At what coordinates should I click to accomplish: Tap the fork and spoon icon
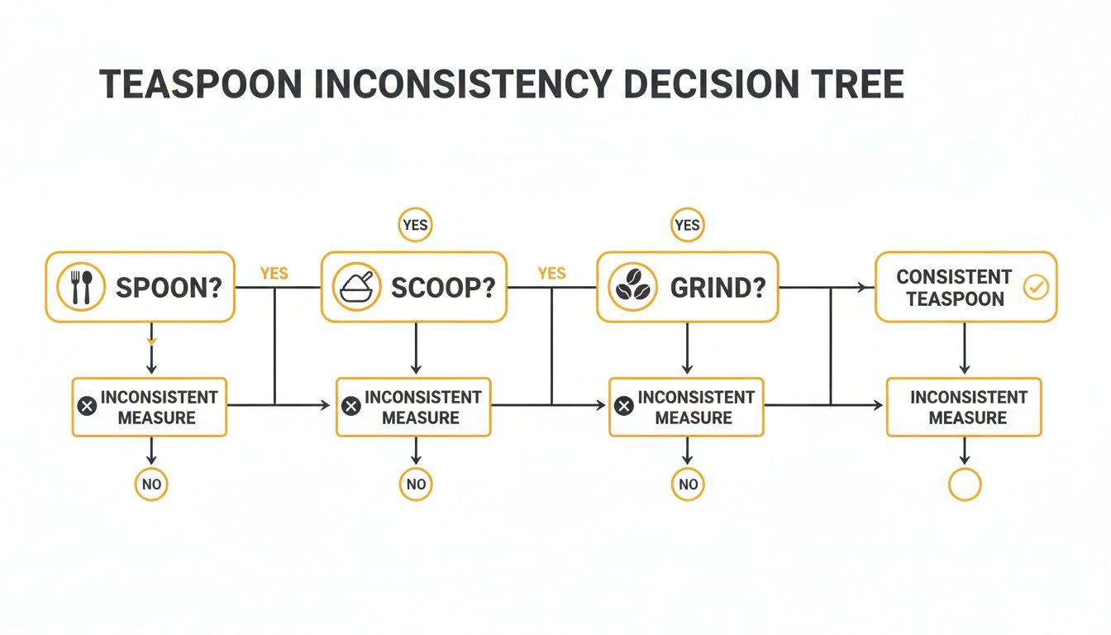click(80, 288)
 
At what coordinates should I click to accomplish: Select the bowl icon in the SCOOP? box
click(356, 288)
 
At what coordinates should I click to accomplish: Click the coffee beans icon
click(632, 288)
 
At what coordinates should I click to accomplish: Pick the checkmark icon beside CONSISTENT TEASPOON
click(1035, 287)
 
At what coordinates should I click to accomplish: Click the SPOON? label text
click(169, 288)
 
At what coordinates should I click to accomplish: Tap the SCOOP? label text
click(442, 288)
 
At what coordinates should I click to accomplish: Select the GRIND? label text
click(718, 288)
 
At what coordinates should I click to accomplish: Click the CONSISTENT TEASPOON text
click(953, 287)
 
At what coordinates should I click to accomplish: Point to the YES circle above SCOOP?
click(415, 225)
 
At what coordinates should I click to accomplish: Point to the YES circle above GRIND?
click(687, 225)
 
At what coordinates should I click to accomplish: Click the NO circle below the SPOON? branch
click(151, 485)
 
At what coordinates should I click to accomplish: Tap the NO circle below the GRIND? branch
click(688, 485)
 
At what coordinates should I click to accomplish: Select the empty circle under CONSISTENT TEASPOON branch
click(964, 485)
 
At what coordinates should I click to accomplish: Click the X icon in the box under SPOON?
click(86, 406)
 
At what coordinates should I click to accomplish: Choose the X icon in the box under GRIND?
click(625, 406)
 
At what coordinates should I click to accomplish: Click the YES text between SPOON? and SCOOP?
click(274, 273)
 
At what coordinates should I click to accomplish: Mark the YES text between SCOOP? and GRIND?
click(551, 273)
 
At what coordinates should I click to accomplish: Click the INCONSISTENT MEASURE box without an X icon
click(964, 407)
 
